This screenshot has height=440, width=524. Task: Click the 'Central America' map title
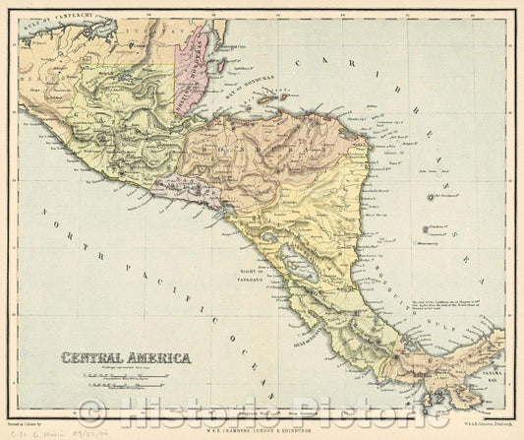127,358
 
